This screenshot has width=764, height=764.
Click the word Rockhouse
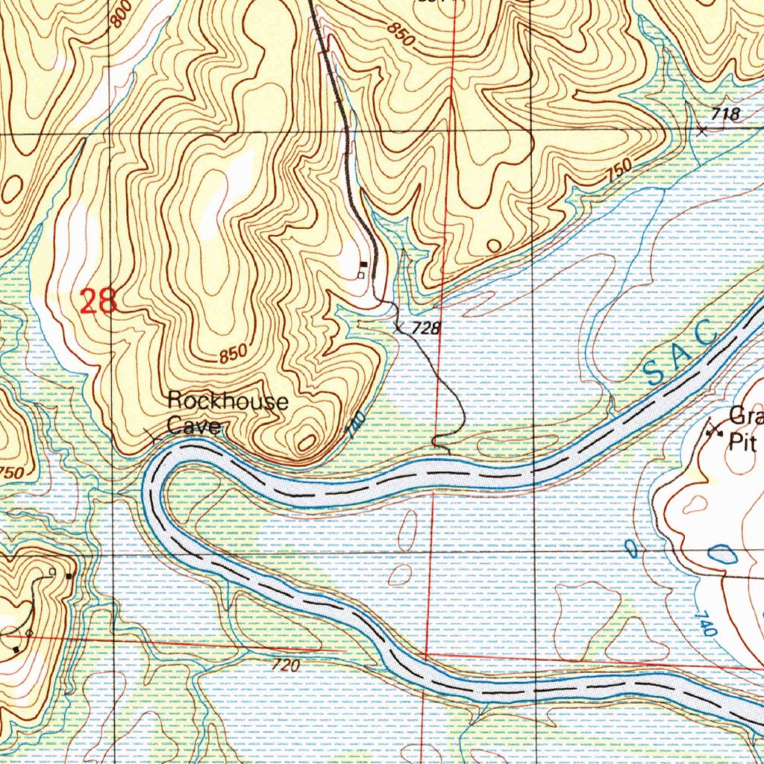(x=228, y=402)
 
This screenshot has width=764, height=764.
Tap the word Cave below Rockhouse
(x=194, y=426)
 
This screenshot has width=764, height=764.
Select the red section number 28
(x=98, y=301)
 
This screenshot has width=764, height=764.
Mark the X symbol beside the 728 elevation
(x=399, y=326)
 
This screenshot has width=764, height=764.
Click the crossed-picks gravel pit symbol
(x=715, y=429)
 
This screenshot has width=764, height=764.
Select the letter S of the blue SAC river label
(x=654, y=371)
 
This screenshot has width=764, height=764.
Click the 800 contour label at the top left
(x=121, y=13)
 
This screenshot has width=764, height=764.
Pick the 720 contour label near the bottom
(x=285, y=666)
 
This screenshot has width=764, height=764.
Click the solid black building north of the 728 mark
(x=363, y=264)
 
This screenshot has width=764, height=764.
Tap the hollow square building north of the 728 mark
(x=360, y=275)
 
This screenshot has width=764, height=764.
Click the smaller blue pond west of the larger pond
(x=631, y=551)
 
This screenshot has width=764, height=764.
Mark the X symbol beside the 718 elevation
(x=701, y=131)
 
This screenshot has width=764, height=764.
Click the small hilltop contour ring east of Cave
(x=306, y=441)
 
